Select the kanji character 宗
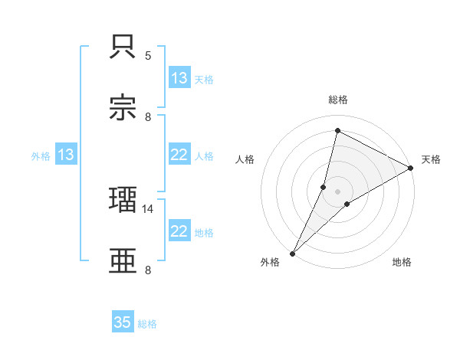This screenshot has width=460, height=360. [123, 108]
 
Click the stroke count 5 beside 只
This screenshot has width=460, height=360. [148, 55]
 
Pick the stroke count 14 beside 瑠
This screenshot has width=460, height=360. [148, 208]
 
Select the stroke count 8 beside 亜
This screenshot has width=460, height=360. [148, 270]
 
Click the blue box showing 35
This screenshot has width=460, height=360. [123, 323]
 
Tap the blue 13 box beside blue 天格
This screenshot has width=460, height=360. [179, 78]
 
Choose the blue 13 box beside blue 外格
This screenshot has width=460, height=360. [66, 155]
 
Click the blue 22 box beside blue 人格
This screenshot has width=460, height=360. [179, 155]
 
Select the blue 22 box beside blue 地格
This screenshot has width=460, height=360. [179, 231]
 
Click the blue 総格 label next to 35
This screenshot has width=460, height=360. [147, 324]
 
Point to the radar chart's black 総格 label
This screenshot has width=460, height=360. [338, 100]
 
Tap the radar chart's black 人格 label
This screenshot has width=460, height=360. [245, 159]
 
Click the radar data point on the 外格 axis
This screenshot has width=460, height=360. [292, 254]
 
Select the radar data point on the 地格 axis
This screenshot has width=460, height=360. [347, 204]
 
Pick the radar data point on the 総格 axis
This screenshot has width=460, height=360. [337, 130]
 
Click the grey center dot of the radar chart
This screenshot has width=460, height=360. [338, 191]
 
